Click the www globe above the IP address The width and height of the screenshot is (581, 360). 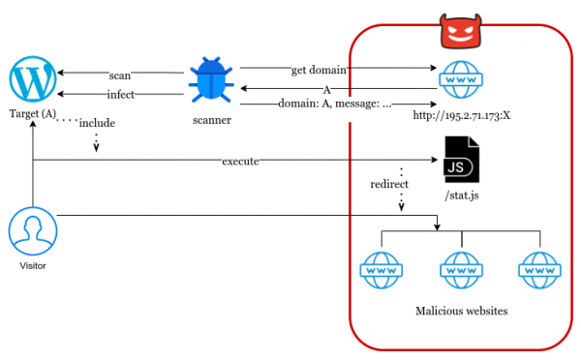461,80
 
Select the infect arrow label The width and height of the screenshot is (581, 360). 120,94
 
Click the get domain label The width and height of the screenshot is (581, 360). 319,70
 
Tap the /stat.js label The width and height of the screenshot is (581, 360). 461,197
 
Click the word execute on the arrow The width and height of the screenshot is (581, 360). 240,161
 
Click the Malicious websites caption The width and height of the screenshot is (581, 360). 461,311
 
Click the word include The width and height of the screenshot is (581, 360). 98,123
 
